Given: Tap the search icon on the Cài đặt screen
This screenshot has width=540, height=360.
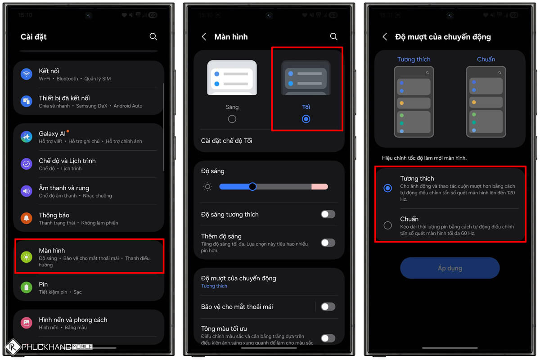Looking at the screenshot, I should click(153, 36).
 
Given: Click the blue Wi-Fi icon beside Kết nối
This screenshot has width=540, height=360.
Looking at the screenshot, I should click(27, 74).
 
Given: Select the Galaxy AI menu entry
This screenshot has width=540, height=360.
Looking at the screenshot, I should click(52, 134).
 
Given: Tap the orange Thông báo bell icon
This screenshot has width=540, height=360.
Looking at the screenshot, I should click(27, 218).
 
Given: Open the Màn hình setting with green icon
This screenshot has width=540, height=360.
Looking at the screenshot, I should click(52, 251).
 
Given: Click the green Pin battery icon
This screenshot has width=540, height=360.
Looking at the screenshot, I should click(27, 287).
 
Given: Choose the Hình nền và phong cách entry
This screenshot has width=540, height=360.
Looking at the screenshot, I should click(73, 320).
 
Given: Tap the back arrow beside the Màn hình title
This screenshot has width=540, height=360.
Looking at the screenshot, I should click(204, 36).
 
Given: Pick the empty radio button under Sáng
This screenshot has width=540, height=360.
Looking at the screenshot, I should click(232, 119).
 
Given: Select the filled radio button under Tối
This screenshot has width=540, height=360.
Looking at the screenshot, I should click(306, 119).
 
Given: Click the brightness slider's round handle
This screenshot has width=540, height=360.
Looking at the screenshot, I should click(252, 186).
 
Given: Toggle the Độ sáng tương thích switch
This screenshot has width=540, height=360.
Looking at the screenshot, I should click(328, 214).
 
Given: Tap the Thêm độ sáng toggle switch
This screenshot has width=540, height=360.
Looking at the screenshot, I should click(328, 243).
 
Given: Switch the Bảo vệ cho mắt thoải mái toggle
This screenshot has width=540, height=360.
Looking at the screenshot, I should click(328, 306).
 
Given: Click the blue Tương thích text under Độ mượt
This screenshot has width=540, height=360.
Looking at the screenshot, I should click(214, 286).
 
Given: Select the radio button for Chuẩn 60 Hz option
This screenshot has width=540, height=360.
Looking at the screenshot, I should click(387, 225).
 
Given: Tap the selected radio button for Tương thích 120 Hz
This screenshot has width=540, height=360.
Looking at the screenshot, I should click(387, 188).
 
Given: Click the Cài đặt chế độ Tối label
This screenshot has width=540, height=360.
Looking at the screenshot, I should click(226, 141).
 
